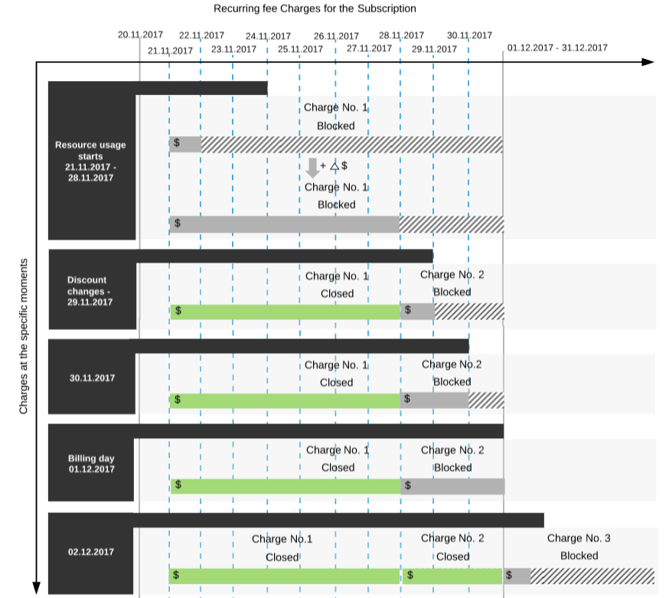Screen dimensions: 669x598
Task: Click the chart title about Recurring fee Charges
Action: pos(315,8)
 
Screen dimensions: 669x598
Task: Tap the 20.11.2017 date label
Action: pos(140,34)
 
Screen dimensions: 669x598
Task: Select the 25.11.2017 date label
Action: pos(300,49)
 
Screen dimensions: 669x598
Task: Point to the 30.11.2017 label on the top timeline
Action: pos(469,35)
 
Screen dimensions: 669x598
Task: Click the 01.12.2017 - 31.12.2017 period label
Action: pos(557,47)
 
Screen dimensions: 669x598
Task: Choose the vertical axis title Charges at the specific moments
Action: pos(24,336)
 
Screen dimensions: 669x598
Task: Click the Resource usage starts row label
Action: pos(90,162)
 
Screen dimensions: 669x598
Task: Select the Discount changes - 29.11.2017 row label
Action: pos(89,291)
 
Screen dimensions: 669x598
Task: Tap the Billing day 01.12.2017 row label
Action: pos(91,463)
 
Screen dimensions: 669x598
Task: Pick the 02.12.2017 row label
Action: pos(91,552)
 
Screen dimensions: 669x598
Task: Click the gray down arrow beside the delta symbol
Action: pos(313,168)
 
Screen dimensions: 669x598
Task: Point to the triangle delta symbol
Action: pos(334,166)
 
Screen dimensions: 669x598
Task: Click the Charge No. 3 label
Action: pos(579,538)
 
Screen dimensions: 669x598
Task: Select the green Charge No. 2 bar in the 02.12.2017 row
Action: pos(452,576)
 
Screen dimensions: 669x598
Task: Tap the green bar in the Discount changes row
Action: pos(285,312)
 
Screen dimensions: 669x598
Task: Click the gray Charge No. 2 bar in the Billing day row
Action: pos(452,486)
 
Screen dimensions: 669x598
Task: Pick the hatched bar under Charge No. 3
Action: pos(592,576)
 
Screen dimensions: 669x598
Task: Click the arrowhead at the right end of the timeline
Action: pos(648,62)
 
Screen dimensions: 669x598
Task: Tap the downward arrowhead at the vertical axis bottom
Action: pos(37,587)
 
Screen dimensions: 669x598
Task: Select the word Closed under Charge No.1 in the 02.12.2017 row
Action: pos(282,557)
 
